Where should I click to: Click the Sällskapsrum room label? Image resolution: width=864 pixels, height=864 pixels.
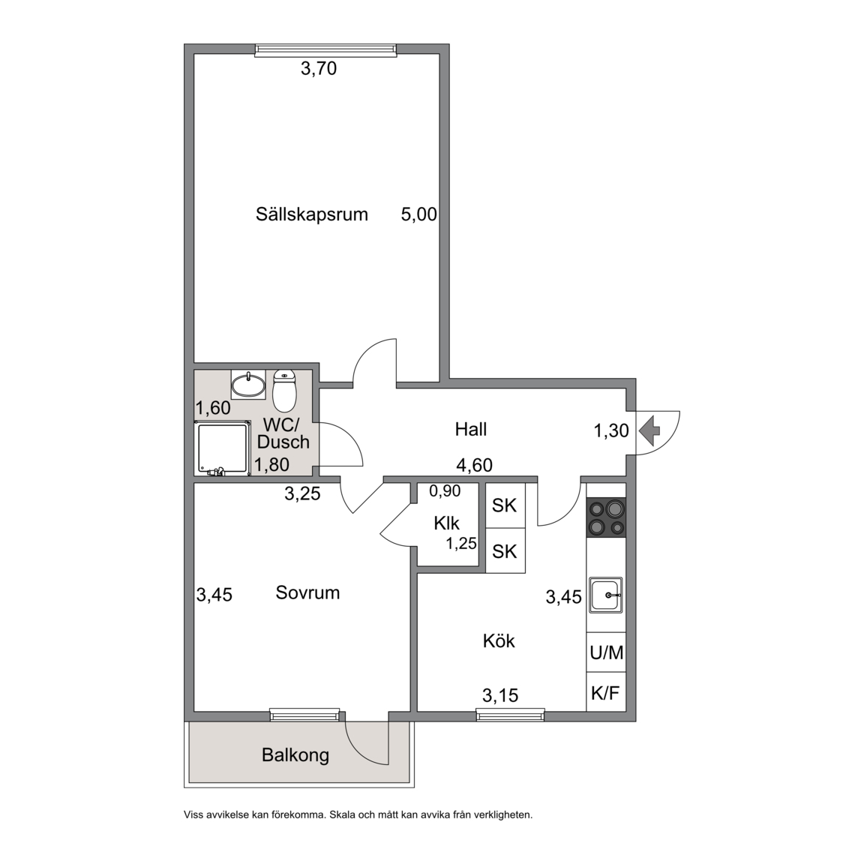pos(311,214)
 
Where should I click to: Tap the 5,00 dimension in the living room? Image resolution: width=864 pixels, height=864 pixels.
pos(418,214)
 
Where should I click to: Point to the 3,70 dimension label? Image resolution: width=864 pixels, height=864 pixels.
pos(319,69)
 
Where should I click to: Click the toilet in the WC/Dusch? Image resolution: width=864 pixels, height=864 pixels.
pos(284,391)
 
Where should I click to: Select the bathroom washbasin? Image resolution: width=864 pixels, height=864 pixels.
pos(248,385)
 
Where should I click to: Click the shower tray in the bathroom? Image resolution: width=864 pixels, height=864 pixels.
pos(222,448)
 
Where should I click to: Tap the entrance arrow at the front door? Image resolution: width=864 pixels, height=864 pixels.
pos(649,431)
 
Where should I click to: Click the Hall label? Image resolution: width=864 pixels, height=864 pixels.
pos(471,429)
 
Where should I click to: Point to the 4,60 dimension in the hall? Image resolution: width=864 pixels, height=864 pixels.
pos(475,466)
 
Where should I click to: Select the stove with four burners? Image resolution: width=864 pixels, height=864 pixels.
pos(607,517)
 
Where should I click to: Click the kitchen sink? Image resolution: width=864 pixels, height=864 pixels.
pos(606,595)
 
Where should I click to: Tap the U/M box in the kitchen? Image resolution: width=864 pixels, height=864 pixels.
pos(606,652)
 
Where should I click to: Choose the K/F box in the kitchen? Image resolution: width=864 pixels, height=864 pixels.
pos(606,692)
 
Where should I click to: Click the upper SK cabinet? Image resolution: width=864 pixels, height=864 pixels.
pos(505,505)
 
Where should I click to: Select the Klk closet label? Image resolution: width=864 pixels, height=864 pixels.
pos(446,523)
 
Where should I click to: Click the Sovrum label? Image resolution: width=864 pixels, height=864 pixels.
pos(307,593)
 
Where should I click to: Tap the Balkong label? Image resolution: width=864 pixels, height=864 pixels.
pos(295,755)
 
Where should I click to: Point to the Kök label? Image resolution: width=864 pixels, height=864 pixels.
pos(499,640)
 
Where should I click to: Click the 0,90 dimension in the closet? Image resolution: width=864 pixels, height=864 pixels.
pos(445,490)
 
